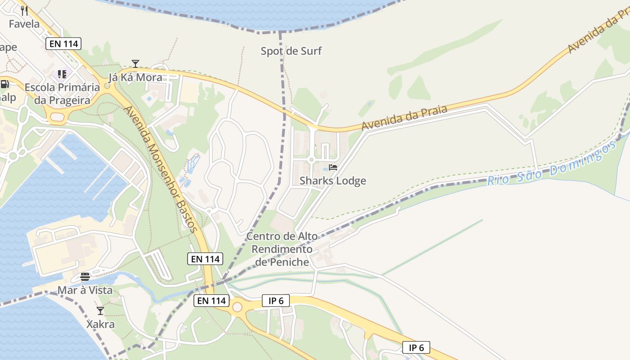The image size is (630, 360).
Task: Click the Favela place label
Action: pyautogui.click(x=24, y=24)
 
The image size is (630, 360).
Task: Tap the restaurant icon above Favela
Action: pyautogui.click(x=25, y=10)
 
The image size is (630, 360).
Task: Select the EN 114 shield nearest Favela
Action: pyautogui.click(x=63, y=44)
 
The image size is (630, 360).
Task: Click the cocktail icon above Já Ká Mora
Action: pyautogui.click(x=135, y=63)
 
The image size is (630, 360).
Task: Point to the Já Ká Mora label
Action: pyautogui.click(x=135, y=77)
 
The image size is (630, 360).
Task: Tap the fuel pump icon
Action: pyautogui.click(x=5, y=84)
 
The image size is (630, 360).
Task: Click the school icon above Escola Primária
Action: pyautogui.click(x=62, y=74)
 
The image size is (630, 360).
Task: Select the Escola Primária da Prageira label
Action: pyautogui.click(x=62, y=94)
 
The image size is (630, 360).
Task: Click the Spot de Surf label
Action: pyautogui.click(x=291, y=51)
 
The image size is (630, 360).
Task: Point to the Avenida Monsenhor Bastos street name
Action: pyautogui.click(x=161, y=169)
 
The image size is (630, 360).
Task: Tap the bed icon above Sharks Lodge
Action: pyautogui.click(x=333, y=167)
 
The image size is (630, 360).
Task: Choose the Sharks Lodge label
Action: pyautogui.click(x=333, y=181)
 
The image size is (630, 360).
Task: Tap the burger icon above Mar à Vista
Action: pyautogui.click(x=85, y=276)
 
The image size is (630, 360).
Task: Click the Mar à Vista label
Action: pyautogui.click(x=85, y=290)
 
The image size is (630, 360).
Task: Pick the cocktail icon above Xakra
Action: pyautogui.click(x=100, y=311)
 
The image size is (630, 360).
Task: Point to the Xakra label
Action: pyautogui.click(x=100, y=324)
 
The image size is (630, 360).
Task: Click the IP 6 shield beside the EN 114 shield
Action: pyautogui.click(x=275, y=301)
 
